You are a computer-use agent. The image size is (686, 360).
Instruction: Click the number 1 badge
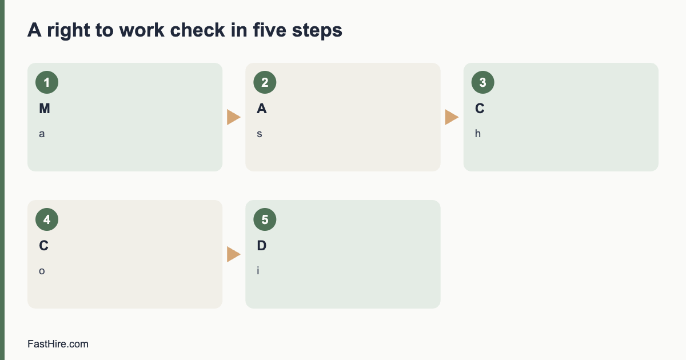click(47, 82)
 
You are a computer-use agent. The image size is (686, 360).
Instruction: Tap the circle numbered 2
click(265, 82)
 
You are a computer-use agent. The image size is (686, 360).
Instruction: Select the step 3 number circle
click(483, 82)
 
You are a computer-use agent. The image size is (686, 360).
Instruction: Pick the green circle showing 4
click(47, 219)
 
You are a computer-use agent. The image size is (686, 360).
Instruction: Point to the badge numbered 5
click(265, 219)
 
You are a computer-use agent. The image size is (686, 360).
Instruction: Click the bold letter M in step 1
click(45, 109)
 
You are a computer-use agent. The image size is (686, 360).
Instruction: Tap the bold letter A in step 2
click(262, 109)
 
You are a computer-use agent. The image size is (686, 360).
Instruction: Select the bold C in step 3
click(480, 109)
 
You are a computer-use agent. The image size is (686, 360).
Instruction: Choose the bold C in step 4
click(44, 246)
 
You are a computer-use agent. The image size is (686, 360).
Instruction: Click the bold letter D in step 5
click(262, 246)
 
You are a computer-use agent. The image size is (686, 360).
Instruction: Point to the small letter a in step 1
click(42, 134)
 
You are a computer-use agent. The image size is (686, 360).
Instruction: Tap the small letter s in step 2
click(260, 134)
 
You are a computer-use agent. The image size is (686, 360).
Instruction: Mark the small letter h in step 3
click(478, 134)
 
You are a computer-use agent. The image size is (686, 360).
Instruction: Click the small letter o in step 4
click(42, 271)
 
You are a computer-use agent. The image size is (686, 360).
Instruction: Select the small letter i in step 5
click(258, 271)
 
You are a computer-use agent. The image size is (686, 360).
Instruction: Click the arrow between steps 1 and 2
click(233, 117)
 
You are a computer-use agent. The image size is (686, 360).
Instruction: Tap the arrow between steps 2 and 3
click(452, 117)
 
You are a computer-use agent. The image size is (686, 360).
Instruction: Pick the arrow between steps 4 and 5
click(233, 254)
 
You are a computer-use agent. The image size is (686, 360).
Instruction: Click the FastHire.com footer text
click(58, 344)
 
